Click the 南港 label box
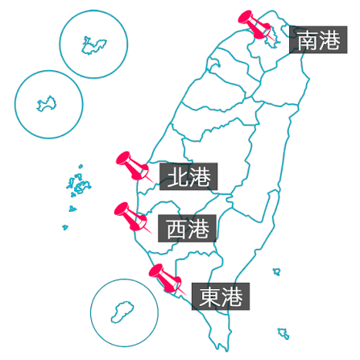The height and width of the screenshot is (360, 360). point(318,39)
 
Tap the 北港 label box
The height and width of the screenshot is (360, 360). point(188,176)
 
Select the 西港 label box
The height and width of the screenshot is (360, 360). point(187,229)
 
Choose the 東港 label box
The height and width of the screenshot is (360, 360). point(221,296)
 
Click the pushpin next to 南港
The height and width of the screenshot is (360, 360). point(255,25)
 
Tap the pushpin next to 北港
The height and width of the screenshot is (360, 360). point(133,167)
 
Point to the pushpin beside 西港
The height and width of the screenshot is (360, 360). point(131,217)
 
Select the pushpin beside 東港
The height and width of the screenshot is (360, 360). point(166,279)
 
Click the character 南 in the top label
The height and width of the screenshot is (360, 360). point(307,40)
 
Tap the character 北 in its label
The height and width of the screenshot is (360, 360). point(177,176)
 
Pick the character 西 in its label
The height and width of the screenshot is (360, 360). point(176,229)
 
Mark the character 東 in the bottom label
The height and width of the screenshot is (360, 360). point(209,296)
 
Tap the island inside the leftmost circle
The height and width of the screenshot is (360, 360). point(47,104)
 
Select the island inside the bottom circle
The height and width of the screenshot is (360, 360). point(123,312)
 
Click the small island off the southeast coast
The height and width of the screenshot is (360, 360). point(283,333)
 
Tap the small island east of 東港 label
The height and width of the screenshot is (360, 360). point(277,271)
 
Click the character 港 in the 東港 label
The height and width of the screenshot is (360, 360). point(232,296)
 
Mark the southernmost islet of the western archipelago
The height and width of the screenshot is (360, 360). point(65,227)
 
